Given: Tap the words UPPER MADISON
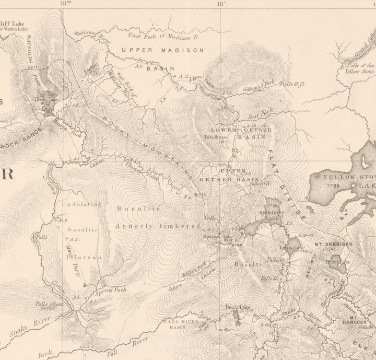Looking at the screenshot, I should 162,50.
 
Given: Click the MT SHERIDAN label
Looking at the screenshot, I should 333,244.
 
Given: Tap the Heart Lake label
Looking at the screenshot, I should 333,262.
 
